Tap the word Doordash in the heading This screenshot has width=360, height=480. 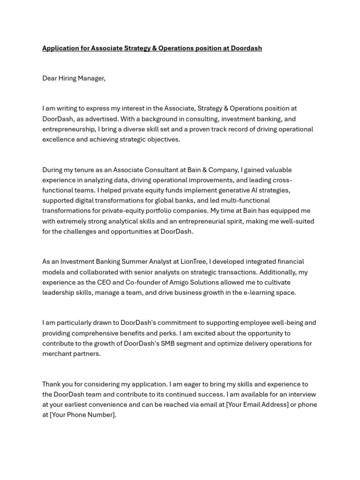pyautogui.click(x=246, y=48)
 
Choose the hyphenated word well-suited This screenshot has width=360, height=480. pyautogui.click(x=295, y=221)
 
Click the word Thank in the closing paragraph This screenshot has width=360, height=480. pyautogui.click(x=52, y=384)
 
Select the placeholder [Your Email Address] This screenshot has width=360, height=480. pyautogui.click(x=257, y=405)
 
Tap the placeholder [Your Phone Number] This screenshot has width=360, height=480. pyautogui.click(x=82, y=415)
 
